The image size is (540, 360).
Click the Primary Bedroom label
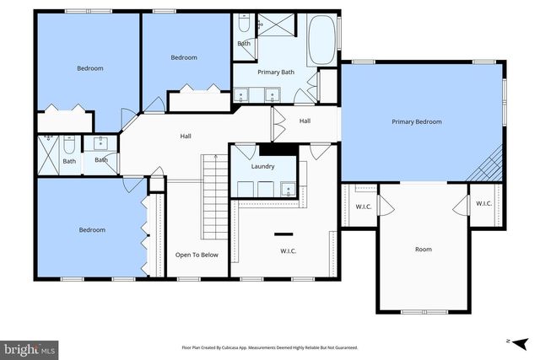(416, 122)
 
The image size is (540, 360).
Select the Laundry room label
(262, 166)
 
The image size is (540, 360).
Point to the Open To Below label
(197, 254)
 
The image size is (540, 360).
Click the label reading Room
(423, 249)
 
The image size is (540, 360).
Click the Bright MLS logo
(30, 347)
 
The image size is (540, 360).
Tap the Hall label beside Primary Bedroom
(305, 121)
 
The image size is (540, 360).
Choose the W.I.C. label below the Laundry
(288, 250)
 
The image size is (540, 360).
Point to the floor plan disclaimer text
(269, 347)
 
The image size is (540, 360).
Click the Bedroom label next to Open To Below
(92, 230)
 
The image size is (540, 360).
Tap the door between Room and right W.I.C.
(460, 205)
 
